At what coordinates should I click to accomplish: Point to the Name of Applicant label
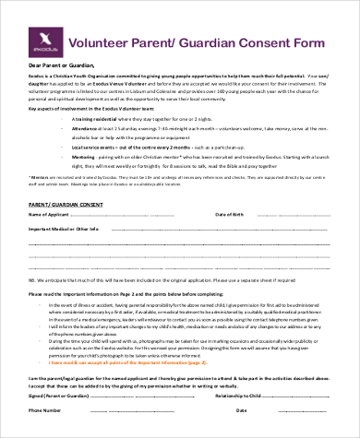tap(52, 240)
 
